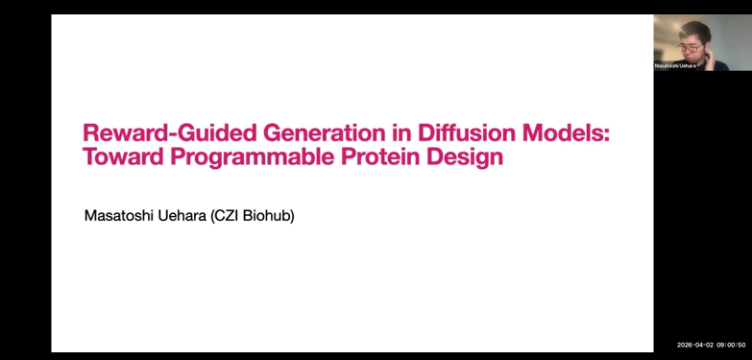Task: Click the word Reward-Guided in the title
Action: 170,132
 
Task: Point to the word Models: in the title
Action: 566,132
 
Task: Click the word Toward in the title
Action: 124,156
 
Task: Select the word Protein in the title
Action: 380,156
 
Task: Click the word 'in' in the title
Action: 401,132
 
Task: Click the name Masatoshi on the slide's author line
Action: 118,216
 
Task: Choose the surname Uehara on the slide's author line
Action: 182,216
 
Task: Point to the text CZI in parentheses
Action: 225,216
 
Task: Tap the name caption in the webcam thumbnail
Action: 675,66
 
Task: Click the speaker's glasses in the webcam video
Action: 690,47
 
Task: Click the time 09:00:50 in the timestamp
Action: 731,345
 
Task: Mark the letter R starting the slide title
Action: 90,132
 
